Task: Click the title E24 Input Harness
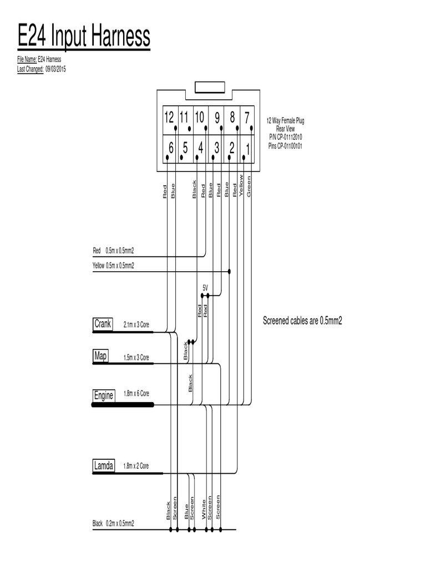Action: [84, 37]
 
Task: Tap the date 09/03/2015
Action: [55, 68]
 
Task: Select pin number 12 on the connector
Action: [169, 118]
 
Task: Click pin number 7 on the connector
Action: [247, 118]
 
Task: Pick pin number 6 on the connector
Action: [171, 148]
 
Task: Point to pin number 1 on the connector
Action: [248, 148]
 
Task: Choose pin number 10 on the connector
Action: [200, 118]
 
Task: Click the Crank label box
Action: [103, 324]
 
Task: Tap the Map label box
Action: [100, 356]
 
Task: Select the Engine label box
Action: [104, 395]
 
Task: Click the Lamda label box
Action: [104, 466]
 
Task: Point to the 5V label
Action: [205, 288]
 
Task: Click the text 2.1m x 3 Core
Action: [136, 326]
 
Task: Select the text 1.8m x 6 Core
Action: [136, 393]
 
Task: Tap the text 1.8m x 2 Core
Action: [136, 466]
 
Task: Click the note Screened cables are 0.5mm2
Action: [302, 321]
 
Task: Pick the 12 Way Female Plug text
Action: [285, 120]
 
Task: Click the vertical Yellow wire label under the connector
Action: [241, 186]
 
